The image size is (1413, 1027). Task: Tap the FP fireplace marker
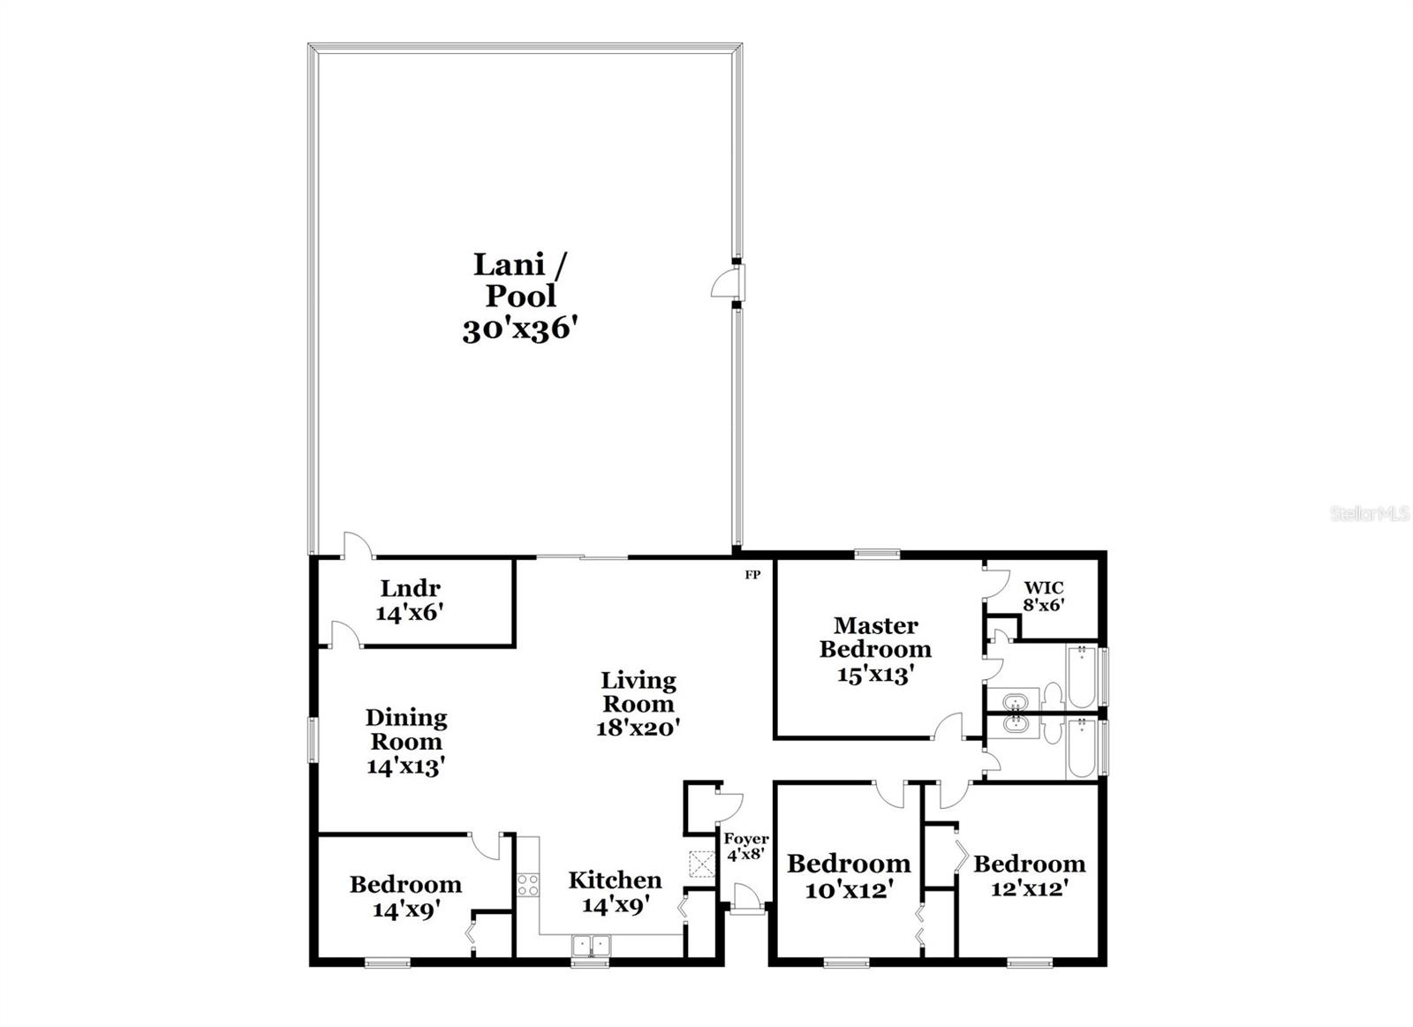pos(752,575)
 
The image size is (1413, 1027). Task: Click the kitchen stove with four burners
pos(528,884)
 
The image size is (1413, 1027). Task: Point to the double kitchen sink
pos(592,946)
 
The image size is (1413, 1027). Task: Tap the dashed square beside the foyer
pos(702,864)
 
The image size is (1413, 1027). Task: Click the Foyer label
pos(746,839)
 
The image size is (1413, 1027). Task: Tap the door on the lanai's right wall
pos(726,284)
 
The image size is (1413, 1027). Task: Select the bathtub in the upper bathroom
pos(1081,677)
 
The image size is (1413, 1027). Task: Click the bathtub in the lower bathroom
pos(1081,748)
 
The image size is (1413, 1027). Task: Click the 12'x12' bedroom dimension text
pos(1029,888)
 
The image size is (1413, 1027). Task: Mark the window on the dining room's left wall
pos(312,738)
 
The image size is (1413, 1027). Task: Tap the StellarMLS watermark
pos(1370,514)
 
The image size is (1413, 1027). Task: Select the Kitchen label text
pos(615,880)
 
